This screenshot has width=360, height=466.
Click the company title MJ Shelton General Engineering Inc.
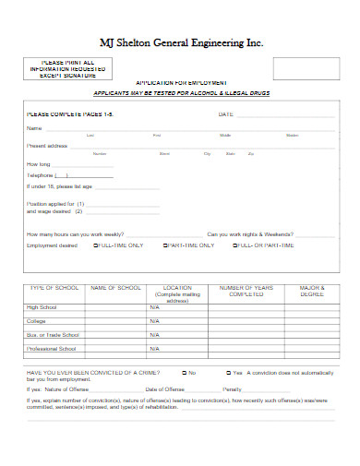[x=180, y=42]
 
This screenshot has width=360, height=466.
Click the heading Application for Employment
[x=180, y=82]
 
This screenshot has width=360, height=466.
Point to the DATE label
[x=225, y=114]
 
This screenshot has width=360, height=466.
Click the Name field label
[x=34, y=127]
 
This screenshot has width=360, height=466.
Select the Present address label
[x=48, y=146]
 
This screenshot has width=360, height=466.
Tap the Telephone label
[x=40, y=174]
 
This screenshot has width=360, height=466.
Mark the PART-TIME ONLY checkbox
[x=164, y=246]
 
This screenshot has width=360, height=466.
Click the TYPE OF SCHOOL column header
[x=53, y=289]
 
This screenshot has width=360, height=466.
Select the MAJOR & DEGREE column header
[x=312, y=293]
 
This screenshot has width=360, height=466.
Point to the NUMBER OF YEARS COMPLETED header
[x=246, y=293]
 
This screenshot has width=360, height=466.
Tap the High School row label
[x=42, y=307]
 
